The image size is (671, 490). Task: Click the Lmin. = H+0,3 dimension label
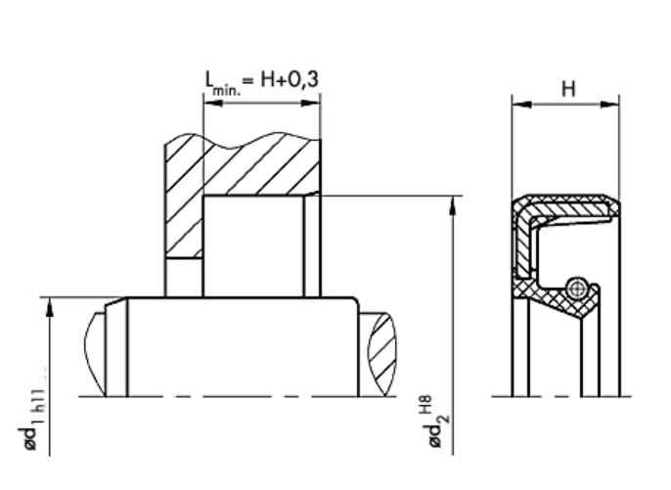coord(262,81)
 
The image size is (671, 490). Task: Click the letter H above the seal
coord(568,89)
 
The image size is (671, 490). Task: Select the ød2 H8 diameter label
coord(438,423)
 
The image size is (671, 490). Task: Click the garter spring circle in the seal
coord(576,289)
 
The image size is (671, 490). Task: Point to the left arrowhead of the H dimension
coord(521,104)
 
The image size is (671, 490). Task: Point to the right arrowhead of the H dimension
coord(609,104)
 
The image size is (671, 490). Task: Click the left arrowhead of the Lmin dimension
coord(213,103)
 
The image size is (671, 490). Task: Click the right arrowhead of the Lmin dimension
coord(311,103)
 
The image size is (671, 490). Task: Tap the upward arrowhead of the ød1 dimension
coord(50,307)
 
